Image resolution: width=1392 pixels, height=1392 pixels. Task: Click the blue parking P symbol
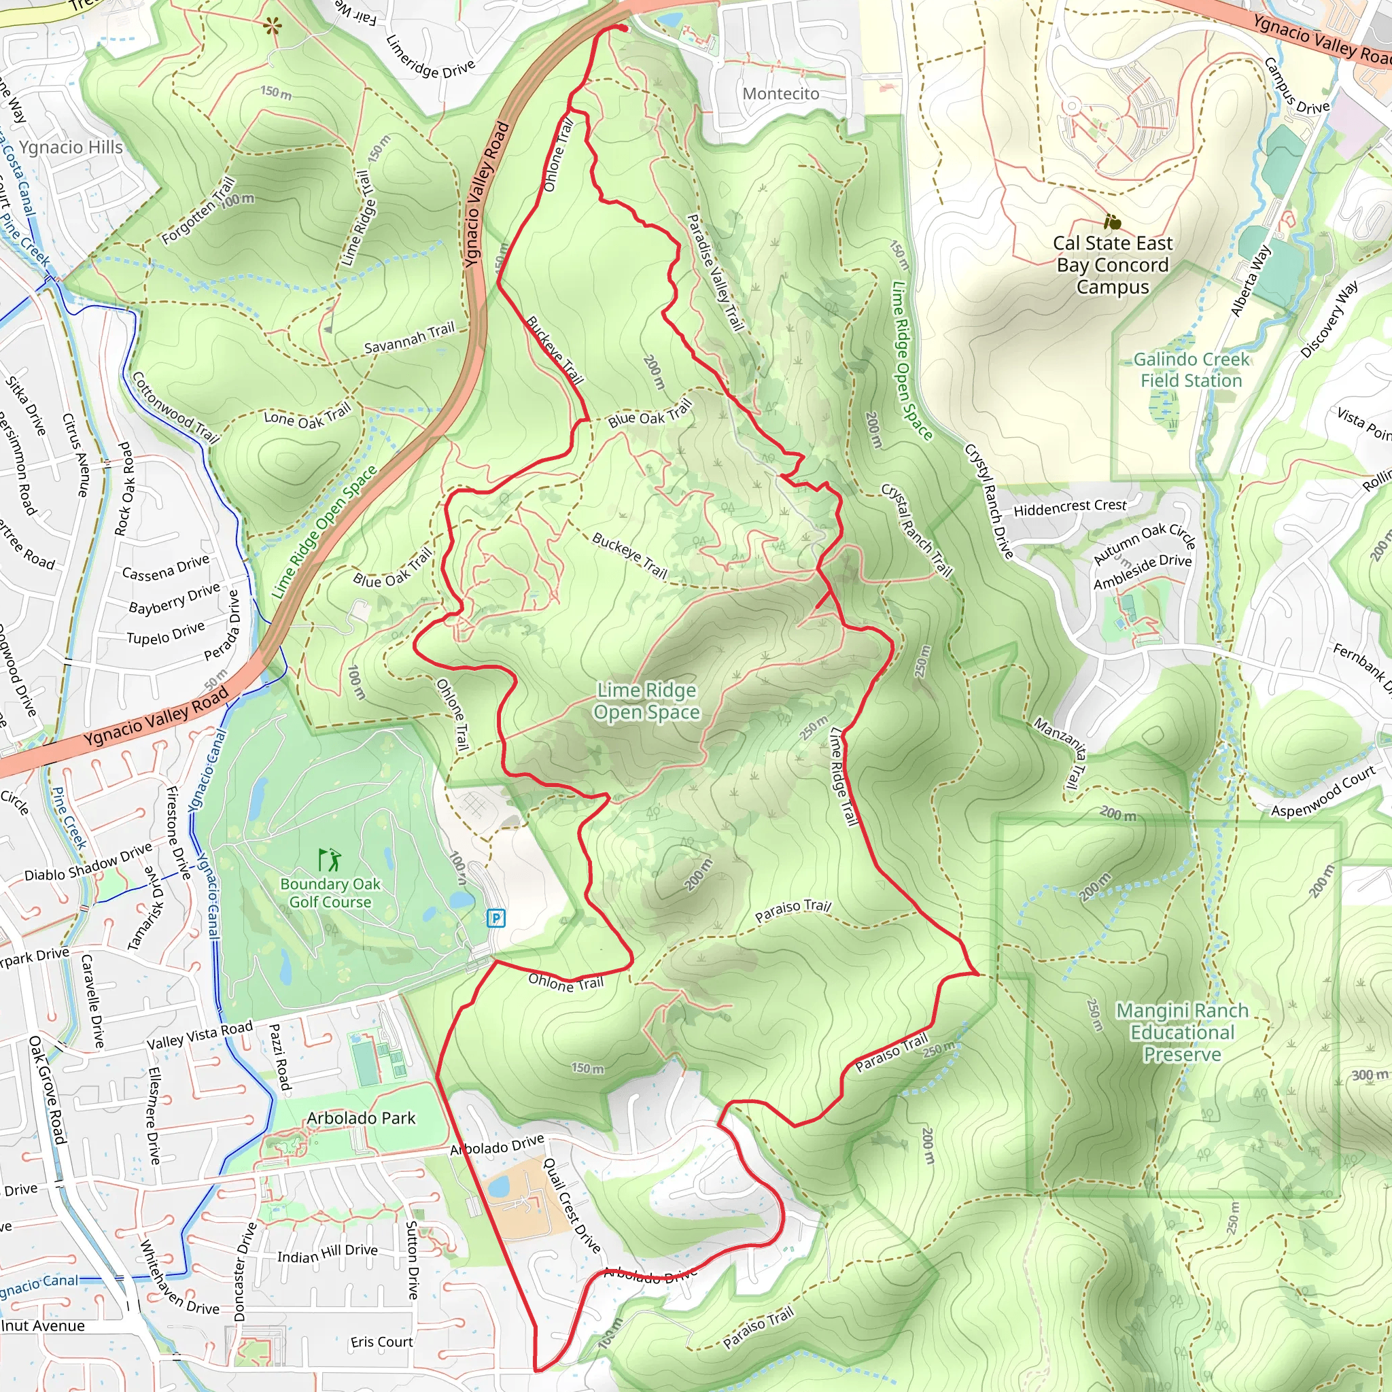[495, 918]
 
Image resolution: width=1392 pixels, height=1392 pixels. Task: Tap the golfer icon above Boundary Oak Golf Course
[329, 860]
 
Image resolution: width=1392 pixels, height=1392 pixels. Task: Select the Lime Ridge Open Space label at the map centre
[646, 701]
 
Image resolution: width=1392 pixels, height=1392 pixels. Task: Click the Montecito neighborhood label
[781, 94]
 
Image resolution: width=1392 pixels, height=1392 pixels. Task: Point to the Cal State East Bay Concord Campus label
[1113, 264]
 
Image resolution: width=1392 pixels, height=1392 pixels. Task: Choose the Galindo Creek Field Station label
[1191, 370]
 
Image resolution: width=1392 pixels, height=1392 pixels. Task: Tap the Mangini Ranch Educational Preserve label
[1183, 1032]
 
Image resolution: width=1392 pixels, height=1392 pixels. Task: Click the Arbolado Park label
[361, 1118]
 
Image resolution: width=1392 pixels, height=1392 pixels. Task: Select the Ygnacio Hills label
[71, 147]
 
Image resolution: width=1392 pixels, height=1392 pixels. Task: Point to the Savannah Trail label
[409, 338]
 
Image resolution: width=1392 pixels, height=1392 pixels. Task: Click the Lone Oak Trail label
[307, 417]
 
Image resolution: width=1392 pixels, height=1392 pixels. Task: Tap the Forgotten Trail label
[198, 211]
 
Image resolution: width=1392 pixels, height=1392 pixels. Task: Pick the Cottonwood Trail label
[175, 406]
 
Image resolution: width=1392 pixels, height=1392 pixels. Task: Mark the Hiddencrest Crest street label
[1069, 507]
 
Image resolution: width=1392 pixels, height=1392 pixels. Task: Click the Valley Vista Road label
[200, 1036]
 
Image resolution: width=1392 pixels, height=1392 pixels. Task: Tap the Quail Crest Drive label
[572, 1204]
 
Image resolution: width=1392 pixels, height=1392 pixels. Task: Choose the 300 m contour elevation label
[1370, 1075]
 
